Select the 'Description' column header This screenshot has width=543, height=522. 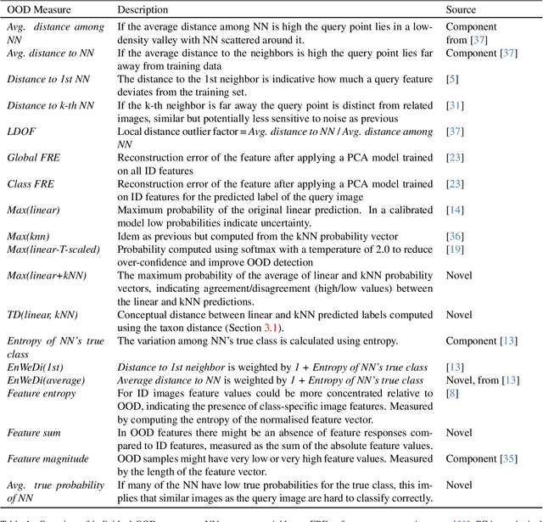143,10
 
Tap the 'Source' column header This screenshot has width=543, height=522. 462,10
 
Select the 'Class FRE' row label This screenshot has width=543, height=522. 31,184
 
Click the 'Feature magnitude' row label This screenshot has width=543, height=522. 48,459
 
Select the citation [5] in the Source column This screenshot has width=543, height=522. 451,79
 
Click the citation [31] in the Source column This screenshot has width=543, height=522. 454,105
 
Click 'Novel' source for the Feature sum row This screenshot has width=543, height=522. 459,433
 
